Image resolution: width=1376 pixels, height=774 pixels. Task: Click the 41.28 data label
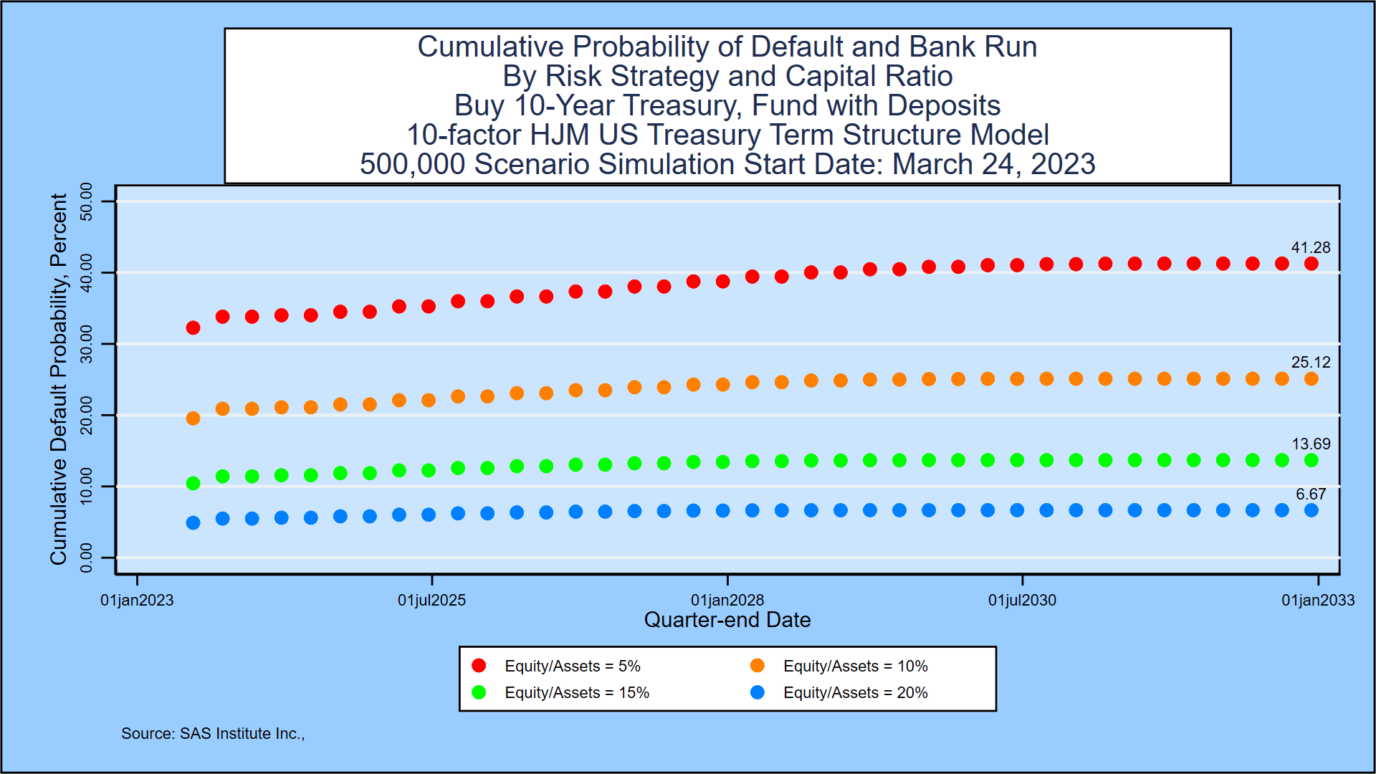(x=1310, y=248)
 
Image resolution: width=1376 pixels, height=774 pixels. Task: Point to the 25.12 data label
(x=1310, y=363)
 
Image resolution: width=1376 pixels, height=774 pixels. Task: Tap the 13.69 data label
(x=1310, y=444)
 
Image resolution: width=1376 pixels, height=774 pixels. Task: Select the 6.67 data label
(x=1310, y=494)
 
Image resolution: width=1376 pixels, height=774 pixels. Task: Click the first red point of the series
(x=193, y=328)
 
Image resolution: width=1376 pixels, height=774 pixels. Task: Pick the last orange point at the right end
(x=1311, y=378)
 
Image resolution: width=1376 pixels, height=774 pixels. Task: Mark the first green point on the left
(x=193, y=483)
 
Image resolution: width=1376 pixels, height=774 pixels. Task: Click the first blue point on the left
(x=193, y=522)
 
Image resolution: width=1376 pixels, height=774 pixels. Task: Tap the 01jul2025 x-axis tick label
(x=431, y=601)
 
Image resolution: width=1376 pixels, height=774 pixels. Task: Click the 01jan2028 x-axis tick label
(x=727, y=601)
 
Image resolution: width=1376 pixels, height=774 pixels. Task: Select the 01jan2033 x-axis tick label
(x=1317, y=601)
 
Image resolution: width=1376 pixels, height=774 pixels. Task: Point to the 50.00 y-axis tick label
(x=86, y=201)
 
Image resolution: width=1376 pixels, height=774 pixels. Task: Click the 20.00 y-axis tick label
(x=86, y=415)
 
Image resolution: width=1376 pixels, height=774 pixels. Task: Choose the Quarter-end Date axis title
(x=727, y=620)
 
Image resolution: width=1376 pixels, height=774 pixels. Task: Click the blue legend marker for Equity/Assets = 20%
(x=757, y=692)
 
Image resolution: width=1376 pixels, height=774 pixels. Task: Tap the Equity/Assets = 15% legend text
(x=576, y=692)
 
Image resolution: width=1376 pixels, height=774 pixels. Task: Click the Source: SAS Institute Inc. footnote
(x=212, y=733)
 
